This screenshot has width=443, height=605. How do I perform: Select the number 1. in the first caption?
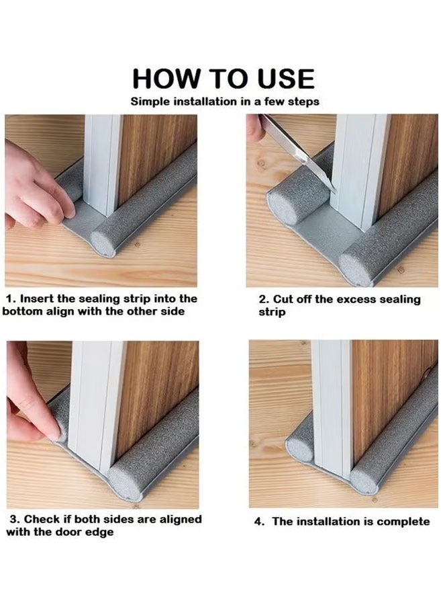click(x=11, y=298)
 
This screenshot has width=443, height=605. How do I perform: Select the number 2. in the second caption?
click(x=264, y=299)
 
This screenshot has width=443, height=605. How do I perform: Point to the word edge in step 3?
click(x=100, y=532)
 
